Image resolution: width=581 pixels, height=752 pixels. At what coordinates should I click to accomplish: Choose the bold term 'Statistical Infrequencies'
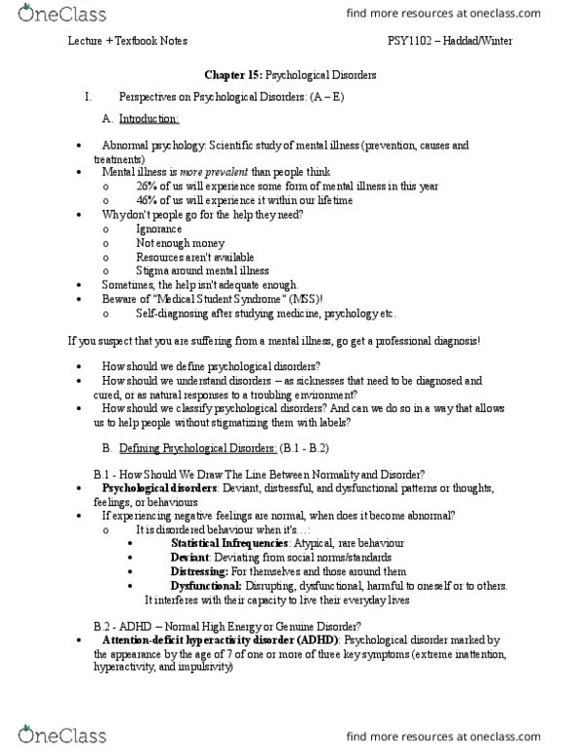[x=229, y=541]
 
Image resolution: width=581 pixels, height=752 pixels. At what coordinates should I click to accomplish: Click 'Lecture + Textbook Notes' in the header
[x=127, y=41]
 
